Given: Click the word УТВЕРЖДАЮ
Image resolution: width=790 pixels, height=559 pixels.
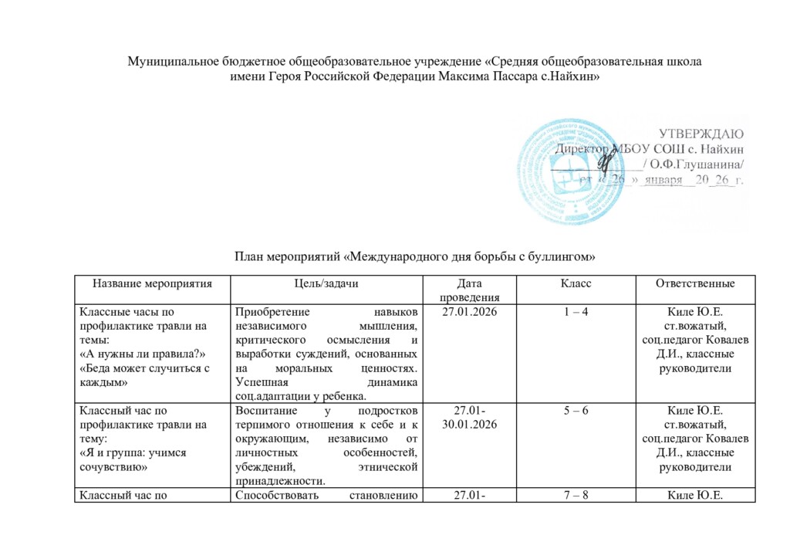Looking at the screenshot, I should pos(701,132).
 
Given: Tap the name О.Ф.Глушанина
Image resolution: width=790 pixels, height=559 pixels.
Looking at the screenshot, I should pos(701,164).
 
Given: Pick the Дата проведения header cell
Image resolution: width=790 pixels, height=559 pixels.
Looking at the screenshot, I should pos(468,290).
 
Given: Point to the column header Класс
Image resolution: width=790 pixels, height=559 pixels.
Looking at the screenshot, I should pos(577,284).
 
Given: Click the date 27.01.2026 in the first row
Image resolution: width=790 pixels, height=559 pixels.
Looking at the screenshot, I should pos(468,312).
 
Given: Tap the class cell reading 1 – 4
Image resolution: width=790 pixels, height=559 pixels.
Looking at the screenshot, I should pos(577,312).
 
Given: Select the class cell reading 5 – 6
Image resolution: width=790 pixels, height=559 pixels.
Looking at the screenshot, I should pos(577,411).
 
